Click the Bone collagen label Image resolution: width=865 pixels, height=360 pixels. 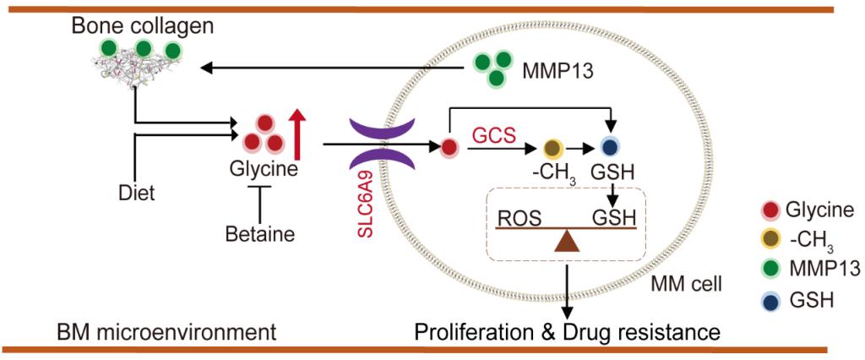pyautogui.click(x=142, y=25)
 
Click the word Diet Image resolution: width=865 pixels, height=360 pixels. pyautogui.click(x=136, y=194)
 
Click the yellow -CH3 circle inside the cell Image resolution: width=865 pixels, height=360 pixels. pyautogui.click(x=554, y=147)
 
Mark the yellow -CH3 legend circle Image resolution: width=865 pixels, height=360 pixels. pyautogui.click(x=768, y=239)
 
